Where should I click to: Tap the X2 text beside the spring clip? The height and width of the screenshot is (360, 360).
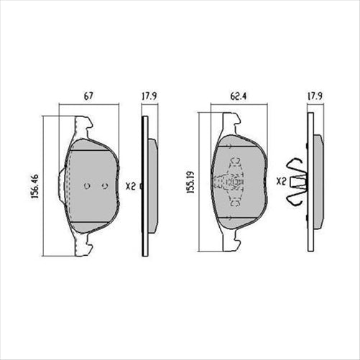(x=281, y=185)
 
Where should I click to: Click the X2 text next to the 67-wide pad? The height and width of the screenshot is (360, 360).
(x=130, y=185)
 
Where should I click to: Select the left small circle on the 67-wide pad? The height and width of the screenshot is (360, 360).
(x=86, y=185)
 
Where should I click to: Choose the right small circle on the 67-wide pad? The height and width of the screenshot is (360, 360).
(x=105, y=185)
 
